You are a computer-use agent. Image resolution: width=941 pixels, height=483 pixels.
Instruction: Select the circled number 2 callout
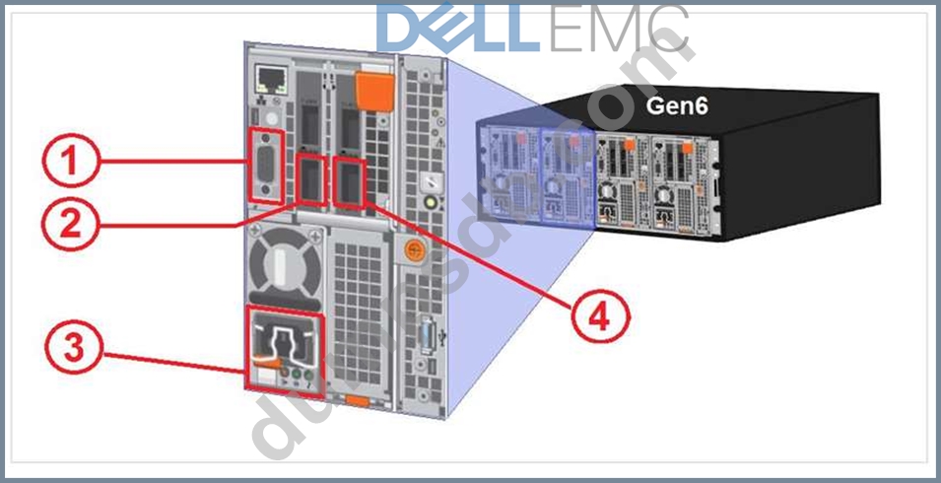[x=67, y=226]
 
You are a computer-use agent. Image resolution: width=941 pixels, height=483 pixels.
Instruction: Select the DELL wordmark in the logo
[x=458, y=29]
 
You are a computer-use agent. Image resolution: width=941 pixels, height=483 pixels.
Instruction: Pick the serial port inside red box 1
[x=266, y=166]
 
